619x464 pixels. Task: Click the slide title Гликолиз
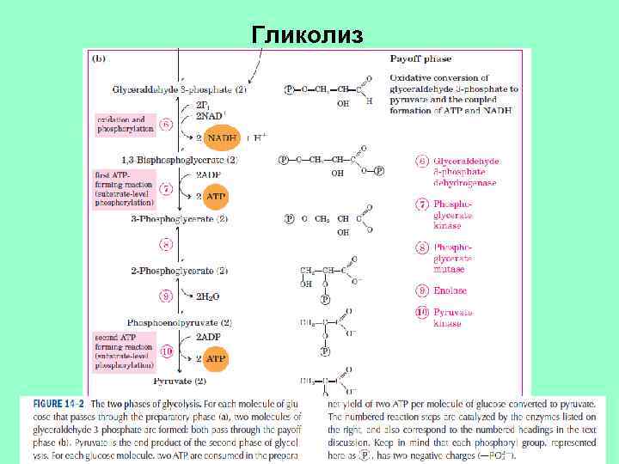[x=308, y=34]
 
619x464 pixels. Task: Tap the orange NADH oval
[x=222, y=137]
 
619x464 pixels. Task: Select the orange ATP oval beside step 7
[x=215, y=197]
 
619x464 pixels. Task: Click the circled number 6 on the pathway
[x=166, y=124]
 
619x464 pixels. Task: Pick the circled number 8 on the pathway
[x=166, y=245]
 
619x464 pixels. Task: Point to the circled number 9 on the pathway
[x=166, y=296]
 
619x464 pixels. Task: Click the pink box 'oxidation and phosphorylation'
[x=125, y=125]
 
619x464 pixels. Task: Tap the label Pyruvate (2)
[x=180, y=380]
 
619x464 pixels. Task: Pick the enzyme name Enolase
[x=450, y=290]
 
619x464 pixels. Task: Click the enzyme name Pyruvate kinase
[x=453, y=318]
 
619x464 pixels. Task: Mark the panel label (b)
[x=99, y=59]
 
